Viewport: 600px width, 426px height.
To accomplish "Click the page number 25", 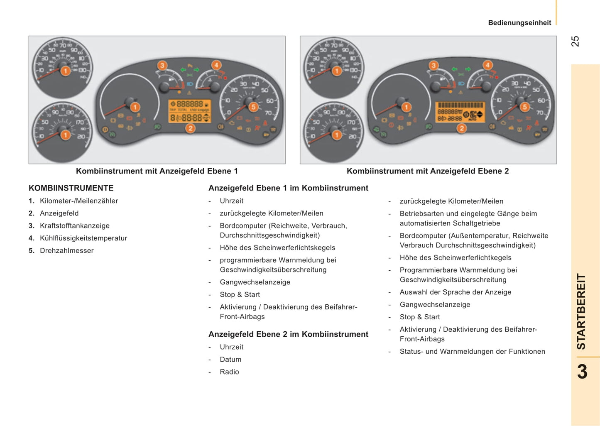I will point(575,42).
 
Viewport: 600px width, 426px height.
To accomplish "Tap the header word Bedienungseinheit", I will point(519,23).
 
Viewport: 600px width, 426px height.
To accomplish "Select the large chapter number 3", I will point(582,372).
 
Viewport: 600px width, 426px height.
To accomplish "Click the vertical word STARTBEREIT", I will point(581,311).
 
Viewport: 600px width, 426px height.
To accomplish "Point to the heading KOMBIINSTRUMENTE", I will point(71,188).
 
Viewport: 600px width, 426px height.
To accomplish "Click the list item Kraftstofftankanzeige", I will point(75,226).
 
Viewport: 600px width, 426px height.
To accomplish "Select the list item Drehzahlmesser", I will point(66,251).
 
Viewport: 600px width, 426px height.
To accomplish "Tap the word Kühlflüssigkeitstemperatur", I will point(83,238).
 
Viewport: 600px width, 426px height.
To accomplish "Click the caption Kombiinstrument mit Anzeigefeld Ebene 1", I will point(157,171).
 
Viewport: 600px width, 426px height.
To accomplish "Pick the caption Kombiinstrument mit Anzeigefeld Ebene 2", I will point(428,171).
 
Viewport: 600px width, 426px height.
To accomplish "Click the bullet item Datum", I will point(230,360).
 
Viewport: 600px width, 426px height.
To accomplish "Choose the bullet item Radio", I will point(229,372).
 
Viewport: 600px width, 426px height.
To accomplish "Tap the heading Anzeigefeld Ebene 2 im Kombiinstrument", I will point(288,334).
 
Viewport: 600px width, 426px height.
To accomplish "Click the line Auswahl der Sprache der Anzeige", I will point(456,292).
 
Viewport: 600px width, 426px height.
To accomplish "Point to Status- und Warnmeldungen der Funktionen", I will point(473,352).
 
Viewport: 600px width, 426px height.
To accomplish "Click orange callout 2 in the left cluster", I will point(190,129).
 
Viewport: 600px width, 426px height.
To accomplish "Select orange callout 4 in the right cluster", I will point(487,65).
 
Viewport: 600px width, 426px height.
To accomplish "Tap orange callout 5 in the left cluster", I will point(253,107).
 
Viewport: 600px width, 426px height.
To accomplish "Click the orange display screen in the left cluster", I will point(190,111).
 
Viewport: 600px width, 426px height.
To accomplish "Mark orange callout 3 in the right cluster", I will point(433,66).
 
